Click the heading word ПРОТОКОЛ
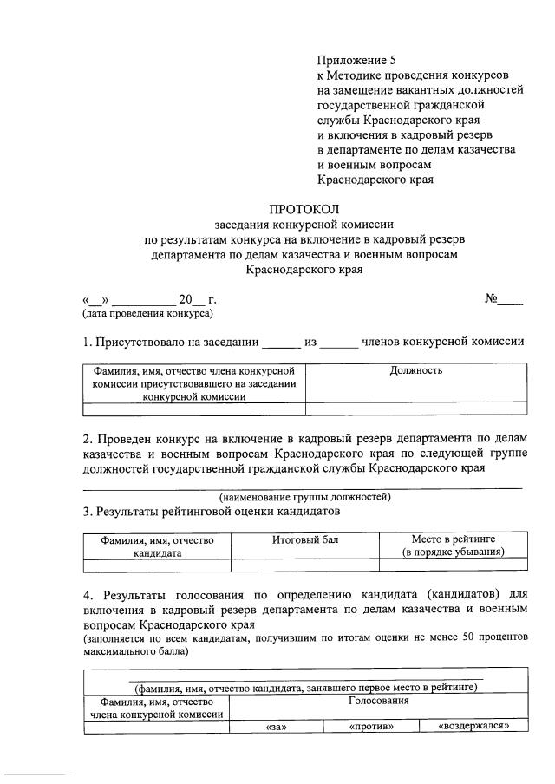(x=304, y=209)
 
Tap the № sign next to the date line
(x=491, y=299)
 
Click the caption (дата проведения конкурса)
(x=147, y=313)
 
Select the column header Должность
(x=416, y=370)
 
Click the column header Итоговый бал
(x=305, y=539)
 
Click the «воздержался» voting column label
(x=473, y=727)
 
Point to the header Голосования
(x=378, y=700)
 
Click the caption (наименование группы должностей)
(x=304, y=497)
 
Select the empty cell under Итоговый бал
(x=305, y=565)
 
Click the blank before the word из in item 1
(x=280, y=343)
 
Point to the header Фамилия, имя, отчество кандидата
(x=157, y=546)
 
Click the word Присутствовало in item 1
(x=143, y=342)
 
